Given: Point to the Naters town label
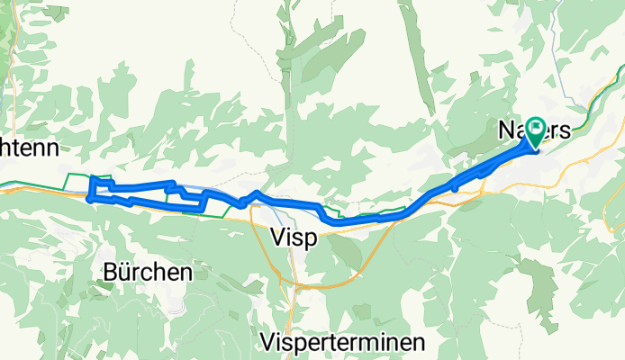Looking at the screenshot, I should pos(534,131).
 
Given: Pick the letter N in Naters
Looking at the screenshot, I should pos(505,131).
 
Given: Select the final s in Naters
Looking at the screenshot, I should pos(565,131).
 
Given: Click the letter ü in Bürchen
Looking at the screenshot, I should pos(123,271).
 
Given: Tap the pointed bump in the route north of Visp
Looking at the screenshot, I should pos(257,193).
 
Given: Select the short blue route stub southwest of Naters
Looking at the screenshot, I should pos(457,186).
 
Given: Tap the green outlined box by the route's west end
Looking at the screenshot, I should pos(100,177).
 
